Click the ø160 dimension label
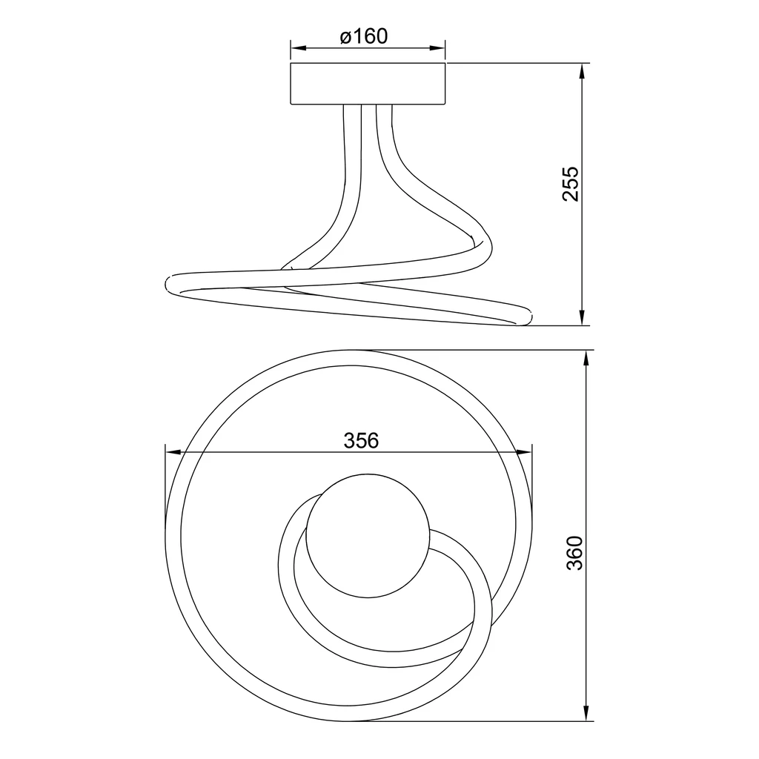363,36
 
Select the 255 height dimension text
570,184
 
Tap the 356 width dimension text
361,440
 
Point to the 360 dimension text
574,553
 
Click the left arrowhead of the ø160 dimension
298,48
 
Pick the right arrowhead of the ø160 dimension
437,48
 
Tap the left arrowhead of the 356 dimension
173,453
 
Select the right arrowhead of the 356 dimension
524,453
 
